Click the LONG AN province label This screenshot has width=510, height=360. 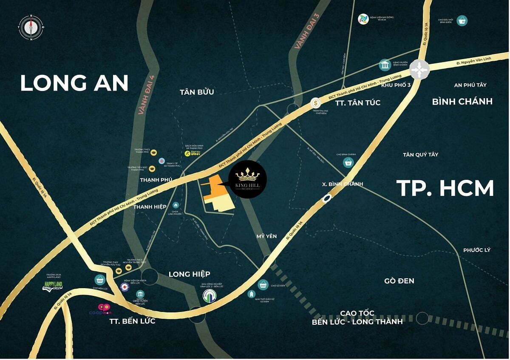pos(74,82)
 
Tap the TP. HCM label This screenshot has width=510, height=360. pos(445,188)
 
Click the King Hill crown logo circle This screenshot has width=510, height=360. pos(247,179)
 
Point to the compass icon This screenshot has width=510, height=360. pos(31,28)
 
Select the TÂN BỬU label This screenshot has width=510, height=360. pos(197,92)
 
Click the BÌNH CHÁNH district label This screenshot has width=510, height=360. pos(462,102)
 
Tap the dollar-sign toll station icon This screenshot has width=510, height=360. pos(315,103)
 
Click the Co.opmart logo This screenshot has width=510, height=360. pos(104,308)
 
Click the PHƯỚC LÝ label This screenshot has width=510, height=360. pos(476,250)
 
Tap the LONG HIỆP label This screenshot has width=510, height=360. pos(189,274)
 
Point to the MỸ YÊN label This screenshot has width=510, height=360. pos(266,235)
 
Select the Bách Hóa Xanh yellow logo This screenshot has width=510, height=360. pos(187,153)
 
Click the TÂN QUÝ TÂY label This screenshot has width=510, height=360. pos(420,155)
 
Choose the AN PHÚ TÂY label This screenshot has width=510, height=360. pos(470,85)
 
